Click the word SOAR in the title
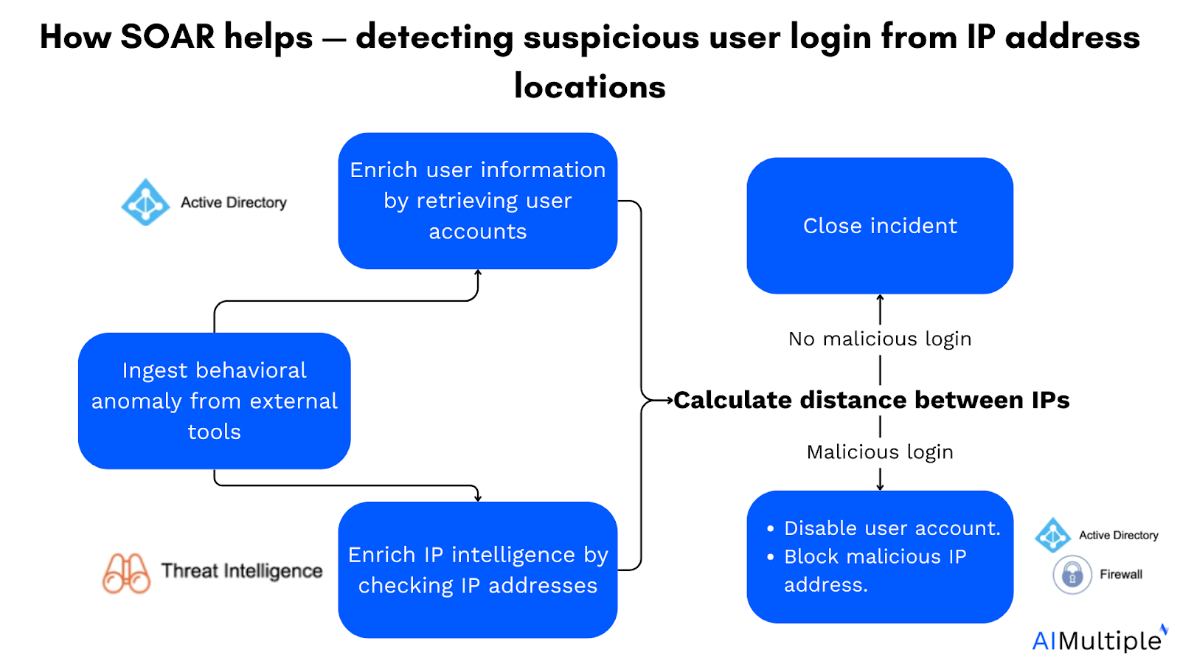coord(167,37)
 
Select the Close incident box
coord(880,226)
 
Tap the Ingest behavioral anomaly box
coord(214,401)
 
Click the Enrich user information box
coord(477,201)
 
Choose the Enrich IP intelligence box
coord(477,570)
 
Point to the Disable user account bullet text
coord(892,528)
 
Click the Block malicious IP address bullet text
coord(875,570)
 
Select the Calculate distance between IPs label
coord(871,400)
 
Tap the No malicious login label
coord(880,339)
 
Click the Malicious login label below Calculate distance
coord(880,452)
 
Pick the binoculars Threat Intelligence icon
coord(126,573)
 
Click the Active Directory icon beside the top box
coord(145,202)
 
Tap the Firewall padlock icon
coord(1072,575)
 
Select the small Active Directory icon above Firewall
coord(1052,535)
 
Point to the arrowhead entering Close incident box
coord(880,298)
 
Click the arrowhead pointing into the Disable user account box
coord(880,487)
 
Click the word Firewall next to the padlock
coord(1121,575)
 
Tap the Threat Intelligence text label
coord(242,571)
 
